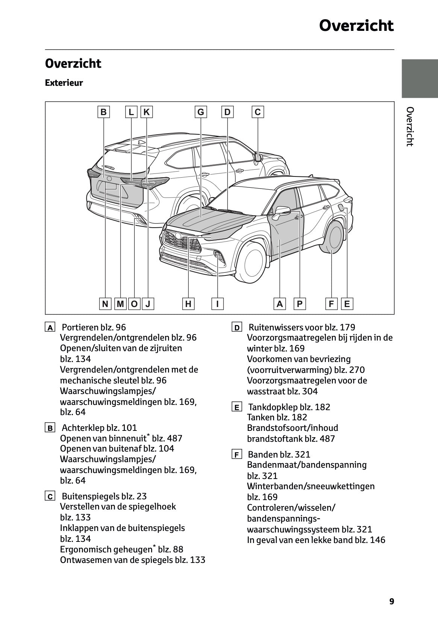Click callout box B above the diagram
103,112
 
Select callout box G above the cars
201,112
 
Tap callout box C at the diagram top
258,112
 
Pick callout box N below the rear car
105,304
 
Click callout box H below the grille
188,304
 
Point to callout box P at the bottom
300,304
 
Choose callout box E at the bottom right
347,304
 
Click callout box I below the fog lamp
217,304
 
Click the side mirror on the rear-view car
258,156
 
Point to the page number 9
391,601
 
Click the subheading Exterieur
64,83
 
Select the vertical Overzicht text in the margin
410,126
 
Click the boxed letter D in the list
236,328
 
